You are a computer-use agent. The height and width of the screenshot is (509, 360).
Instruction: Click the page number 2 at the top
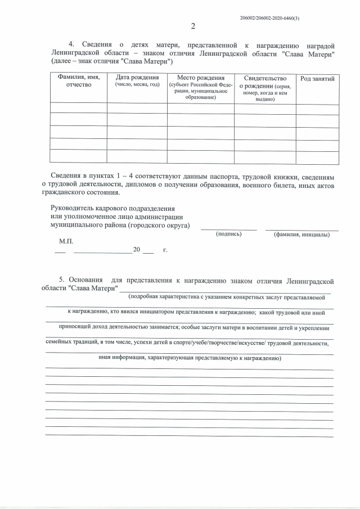[193, 26]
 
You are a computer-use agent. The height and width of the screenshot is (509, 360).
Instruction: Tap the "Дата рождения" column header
[137, 80]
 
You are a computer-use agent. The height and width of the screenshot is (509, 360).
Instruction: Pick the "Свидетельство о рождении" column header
[265, 88]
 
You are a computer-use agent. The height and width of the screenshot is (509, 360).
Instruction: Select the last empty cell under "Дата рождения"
[137, 157]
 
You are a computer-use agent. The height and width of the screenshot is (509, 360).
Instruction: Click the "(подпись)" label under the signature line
[229, 234]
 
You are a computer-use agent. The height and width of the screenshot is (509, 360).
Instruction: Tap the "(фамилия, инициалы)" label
[302, 234]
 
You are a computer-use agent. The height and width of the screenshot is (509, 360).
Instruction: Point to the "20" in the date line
[136, 249]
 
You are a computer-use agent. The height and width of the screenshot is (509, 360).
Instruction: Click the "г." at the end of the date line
[165, 249]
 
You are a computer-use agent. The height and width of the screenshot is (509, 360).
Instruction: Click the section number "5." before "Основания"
[62, 280]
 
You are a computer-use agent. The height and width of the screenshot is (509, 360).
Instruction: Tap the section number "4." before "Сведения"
[71, 44]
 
